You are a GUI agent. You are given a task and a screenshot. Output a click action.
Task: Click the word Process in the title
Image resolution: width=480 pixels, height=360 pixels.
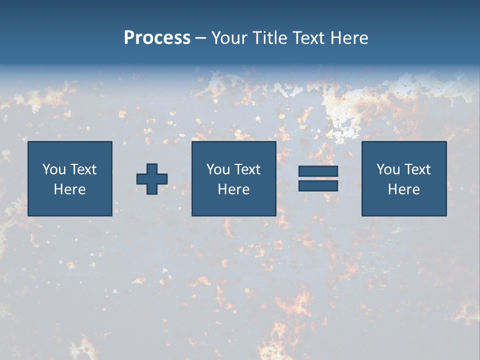point(157,38)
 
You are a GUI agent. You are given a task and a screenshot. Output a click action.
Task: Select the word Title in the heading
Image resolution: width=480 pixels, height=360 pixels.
point(270,38)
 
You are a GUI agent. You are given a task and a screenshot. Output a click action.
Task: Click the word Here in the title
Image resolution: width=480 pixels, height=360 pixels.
point(349,38)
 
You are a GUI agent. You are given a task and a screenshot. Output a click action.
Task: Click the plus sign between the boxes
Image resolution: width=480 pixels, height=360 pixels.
point(152,179)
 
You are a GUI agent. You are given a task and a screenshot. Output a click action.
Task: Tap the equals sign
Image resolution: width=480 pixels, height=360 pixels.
point(318,178)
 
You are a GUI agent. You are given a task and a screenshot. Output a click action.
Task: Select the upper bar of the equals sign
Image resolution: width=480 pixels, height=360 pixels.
point(318,171)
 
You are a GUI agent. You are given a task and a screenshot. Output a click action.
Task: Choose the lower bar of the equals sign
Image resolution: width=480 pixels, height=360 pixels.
point(318,185)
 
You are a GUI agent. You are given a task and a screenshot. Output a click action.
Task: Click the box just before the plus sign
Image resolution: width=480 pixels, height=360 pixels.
point(70,178)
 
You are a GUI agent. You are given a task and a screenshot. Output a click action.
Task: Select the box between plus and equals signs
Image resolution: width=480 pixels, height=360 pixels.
point(234,178)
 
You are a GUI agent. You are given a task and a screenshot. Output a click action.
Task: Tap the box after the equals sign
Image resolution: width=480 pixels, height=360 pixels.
point(404,178)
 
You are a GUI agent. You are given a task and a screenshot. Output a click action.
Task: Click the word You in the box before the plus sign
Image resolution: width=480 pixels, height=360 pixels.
point(54,169)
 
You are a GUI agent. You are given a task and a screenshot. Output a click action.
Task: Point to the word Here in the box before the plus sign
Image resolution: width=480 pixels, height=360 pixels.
point(70,189)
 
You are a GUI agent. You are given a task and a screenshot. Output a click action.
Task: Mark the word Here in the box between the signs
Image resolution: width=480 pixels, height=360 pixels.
point(234,189)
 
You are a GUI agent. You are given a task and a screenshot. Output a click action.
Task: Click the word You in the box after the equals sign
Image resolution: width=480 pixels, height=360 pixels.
point(388,169)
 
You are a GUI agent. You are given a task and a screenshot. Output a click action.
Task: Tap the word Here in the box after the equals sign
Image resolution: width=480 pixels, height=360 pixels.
point(404,189)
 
